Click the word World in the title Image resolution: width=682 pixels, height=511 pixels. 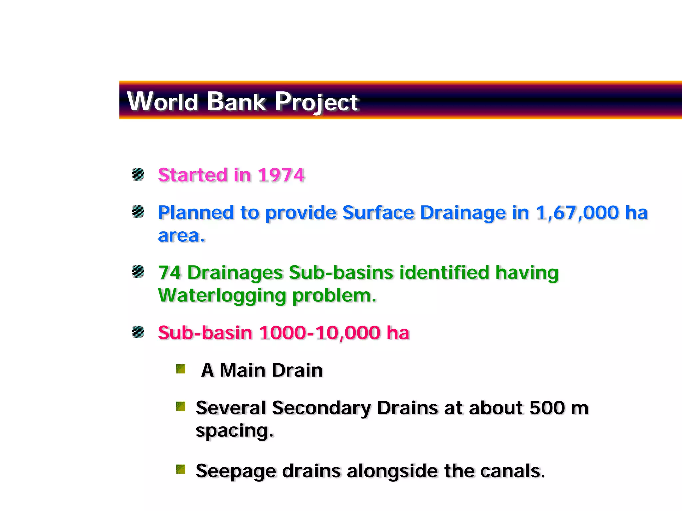(x=163, y=101)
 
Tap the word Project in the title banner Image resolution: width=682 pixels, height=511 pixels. (x=316, y=102)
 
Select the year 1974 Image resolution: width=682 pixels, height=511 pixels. (x=281, y=175)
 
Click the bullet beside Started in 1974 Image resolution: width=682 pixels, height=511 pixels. (x=138, y=174)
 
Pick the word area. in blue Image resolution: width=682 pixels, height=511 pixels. (x=181, y=236)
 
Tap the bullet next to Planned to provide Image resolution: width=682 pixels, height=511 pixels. (x=138, y=211)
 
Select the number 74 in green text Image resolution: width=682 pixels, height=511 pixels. (x=169, y=273)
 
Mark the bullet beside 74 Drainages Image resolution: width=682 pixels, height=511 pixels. (x=138, y=271)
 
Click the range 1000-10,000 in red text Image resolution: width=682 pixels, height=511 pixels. (x=320, y=333)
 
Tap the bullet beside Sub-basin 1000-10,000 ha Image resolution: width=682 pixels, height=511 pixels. (x=138, y=332)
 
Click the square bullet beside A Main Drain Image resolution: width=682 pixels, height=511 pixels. (x=181, y=369)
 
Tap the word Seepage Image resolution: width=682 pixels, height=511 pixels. (x=236, y=471)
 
